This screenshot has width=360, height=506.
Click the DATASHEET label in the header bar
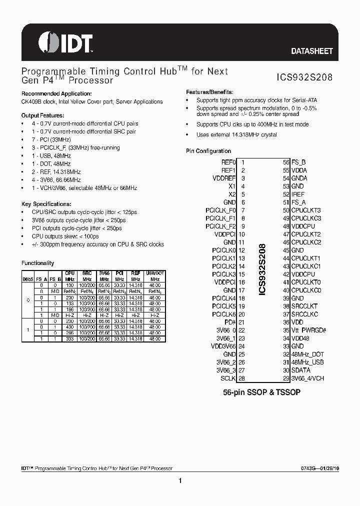[312, 51]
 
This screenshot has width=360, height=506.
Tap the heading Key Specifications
[46, 204]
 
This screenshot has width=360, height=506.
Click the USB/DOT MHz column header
[154, 276]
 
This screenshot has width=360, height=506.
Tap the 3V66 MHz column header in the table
[104, 276]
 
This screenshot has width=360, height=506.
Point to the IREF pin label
[298, 194]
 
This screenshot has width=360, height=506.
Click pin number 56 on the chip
[286, 162]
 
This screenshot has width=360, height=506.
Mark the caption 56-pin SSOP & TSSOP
[261, 393]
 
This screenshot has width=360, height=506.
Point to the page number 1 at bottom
[179, 481]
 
